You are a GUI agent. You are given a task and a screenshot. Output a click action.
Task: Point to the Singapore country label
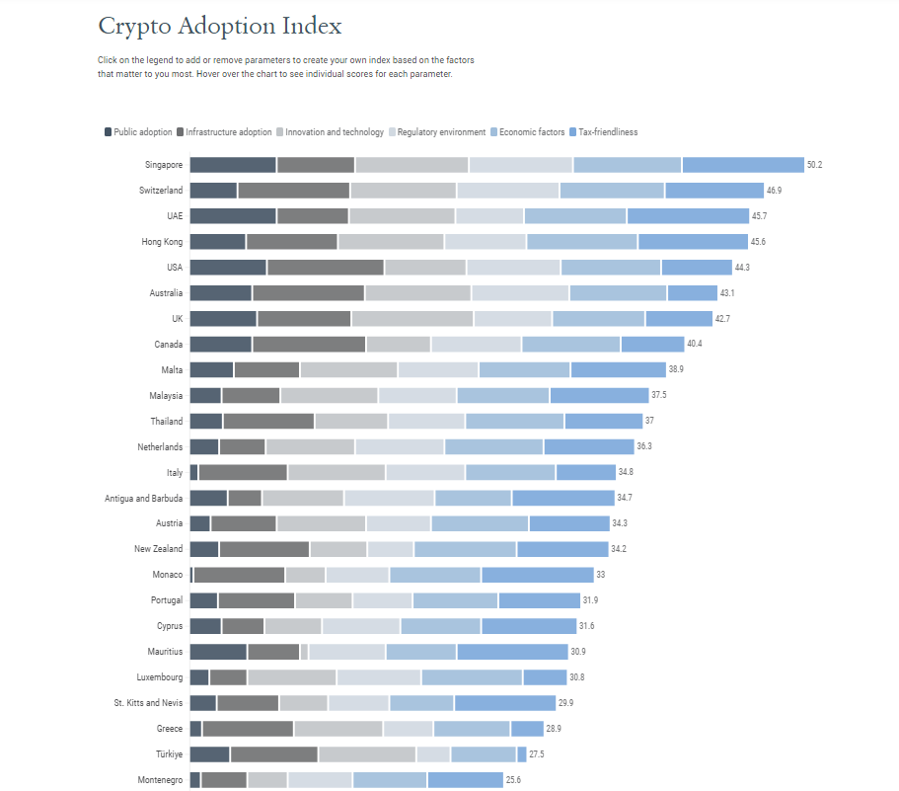[x=163, y=165]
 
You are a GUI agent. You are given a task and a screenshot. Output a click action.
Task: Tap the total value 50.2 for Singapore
[x=814, y=165]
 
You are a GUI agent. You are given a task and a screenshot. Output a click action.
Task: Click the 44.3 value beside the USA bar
[x=742, y=268]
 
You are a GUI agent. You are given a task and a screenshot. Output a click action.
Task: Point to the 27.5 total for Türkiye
[x=537, y=754]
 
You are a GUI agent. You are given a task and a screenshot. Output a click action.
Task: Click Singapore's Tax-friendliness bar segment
[x=743, y=165]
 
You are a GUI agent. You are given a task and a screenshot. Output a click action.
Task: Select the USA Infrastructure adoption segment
[x=325, y=268]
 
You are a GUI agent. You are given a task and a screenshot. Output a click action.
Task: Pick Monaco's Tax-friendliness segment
[x=537, y=575]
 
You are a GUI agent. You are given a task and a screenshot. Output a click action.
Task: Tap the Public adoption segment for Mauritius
[x=217, y=652]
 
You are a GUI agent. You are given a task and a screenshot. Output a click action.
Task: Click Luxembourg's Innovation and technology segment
[x=292, y=677]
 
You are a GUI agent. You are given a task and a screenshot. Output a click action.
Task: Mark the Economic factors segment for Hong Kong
[x=581, y=242]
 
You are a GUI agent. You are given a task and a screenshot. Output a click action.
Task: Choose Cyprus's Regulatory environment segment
[x=360, y=626]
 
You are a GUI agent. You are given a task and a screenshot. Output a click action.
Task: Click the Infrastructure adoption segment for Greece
[x=248, y=729]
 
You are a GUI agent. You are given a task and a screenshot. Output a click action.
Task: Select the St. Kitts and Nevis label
[x=148, y=703]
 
